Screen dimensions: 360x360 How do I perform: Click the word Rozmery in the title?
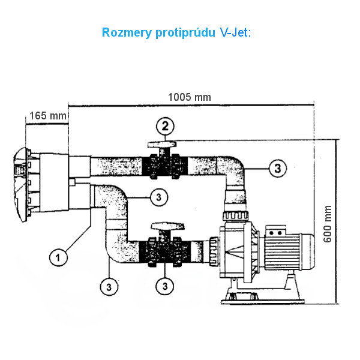(x=128, y=32)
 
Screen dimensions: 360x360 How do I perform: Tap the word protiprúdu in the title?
(x=181, y=32)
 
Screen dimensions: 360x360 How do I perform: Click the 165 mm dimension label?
(x=46, y=115)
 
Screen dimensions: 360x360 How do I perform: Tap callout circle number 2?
(x=166, y=126)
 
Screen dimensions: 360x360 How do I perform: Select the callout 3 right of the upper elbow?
(x=275, y=169)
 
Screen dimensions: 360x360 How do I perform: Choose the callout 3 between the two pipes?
(x=157, y=196)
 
